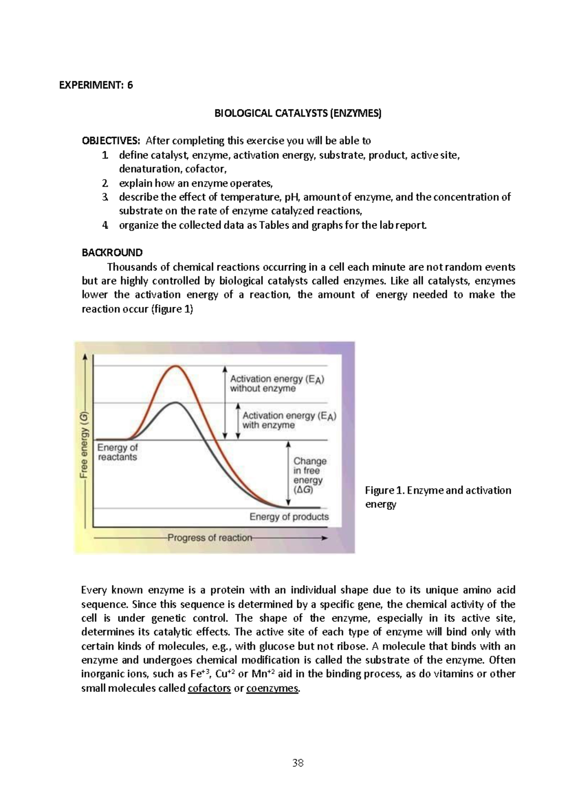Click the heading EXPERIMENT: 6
96,85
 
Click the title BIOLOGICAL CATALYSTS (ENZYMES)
298,113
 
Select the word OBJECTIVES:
111,141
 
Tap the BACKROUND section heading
112,253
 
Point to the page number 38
298,763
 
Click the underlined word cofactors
209,689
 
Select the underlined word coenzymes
273,689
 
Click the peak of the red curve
176,366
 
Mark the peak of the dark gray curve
176,402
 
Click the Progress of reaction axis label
210,538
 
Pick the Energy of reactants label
117,452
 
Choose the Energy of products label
289,517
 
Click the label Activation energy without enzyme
277,384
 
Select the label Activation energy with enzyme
289,420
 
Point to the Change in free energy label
310,475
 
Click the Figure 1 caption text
437,497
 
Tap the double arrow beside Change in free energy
288,474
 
